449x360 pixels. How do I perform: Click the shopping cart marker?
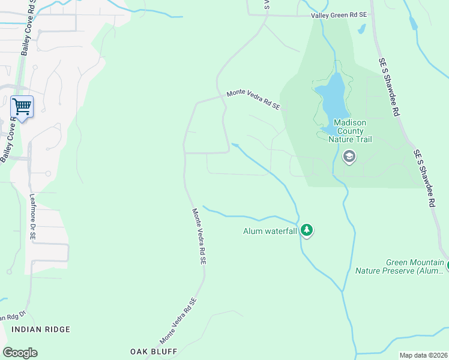[22, 107]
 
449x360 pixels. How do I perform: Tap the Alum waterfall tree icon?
[307, 230]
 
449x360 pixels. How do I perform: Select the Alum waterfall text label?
[270, 231]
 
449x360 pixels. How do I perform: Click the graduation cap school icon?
[349, 157]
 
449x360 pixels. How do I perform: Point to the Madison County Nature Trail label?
[350, 131]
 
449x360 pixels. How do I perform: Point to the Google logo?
[20, 353]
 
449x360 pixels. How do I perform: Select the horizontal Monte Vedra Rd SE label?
[253, 100]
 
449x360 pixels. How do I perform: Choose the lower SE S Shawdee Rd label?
[424, 179]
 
